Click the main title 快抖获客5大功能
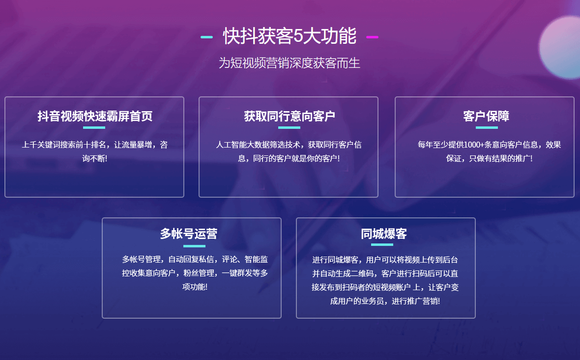pyautogui.click(x=290, y=36)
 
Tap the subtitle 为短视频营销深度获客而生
pyautogui.click(x=289, y=63)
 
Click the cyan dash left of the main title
pyautogui.click(x=206, y=37)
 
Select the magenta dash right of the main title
pyautogui.click(x=372, y=37)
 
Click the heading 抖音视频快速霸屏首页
pyautogui.click(x=95, y=116)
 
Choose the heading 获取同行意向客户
pyautogui.click(x=289, y=116)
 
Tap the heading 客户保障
pyautogui.click(x=486, y=116)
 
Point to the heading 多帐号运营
pyautogui.click(x=189, y=234)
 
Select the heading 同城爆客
pyautogui.click(x=383, y=234)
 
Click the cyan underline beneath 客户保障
pyautogui.click(x=487, y=128)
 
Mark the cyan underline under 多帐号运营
pyautogui.click(x=194, y=246)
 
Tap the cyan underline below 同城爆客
pyautogui.click(x=382, y=244)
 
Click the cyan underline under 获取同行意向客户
pyautogui.click(x=289, y=128)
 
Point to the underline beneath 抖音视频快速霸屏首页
pyautogui.click(x=94, y=128)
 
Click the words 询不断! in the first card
pyautogui.click(x=95, y=159)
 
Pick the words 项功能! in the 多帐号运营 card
pyautogui.click(x=195, y=287)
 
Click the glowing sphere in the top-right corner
pyautogui.click(x=560, y=46)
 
